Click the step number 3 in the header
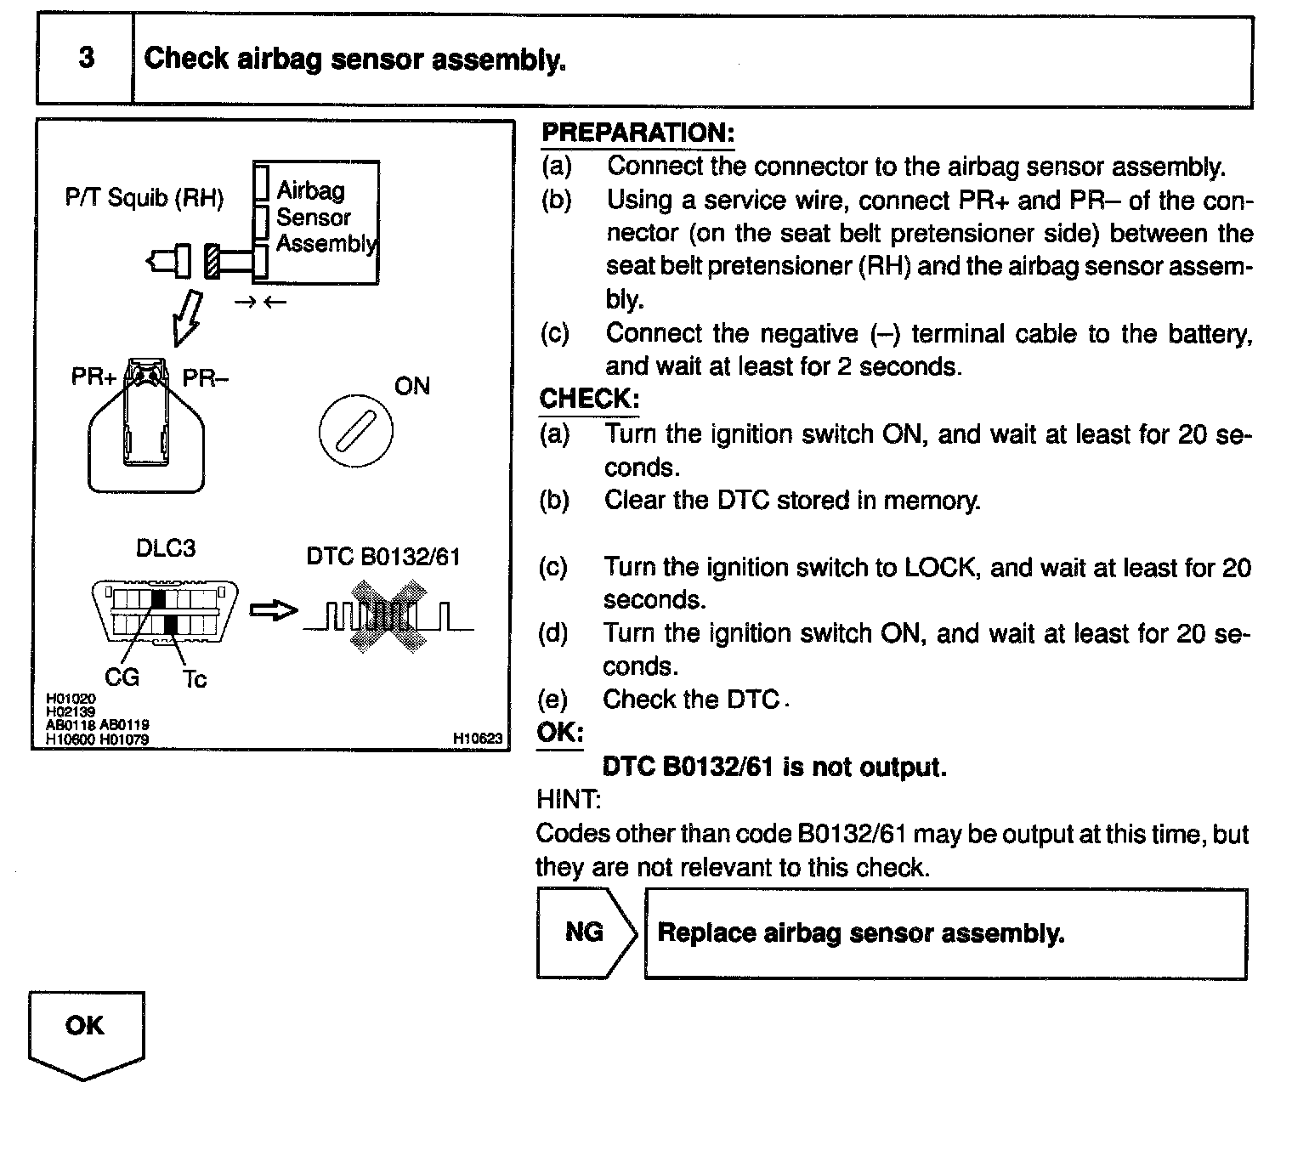pyautogui.click(x=86, y=59)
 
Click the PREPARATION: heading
pyautogui.click(x=637, y=133)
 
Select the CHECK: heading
pyautogui.click(x=589, y=399)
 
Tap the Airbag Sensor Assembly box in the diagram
pyautogui.click(x=317, y=221)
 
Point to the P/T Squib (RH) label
pyautogui.click(x=144, y=199)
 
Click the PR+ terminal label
pyautogui.click(x=93, y=377)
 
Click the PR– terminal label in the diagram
pyautogui.click(x=206, y=377)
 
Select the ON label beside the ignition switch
pyautogui.click(x=412, y=387)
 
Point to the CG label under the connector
pyautogui.click(x=122, y=677)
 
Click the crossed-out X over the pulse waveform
pyautogui.click(x=388, y=615)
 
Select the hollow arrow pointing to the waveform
pyautogui.click(x=273, y=610)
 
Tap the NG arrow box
pyautogui.click(x=586, y=932)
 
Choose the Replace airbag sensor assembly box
pyautogui.click(x=945, y=933)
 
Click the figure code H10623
pyautogui.click(x=479, y=739)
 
